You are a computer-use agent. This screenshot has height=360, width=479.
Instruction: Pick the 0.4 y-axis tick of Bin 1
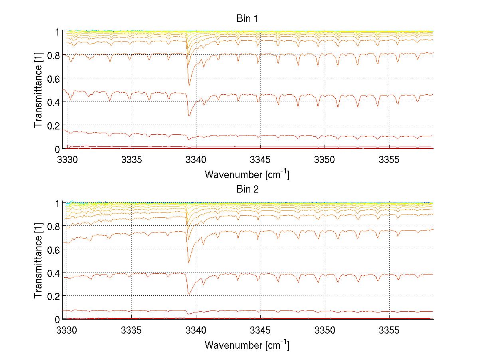coord(55,102)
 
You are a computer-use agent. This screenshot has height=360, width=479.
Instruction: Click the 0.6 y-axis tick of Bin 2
coord(55,249)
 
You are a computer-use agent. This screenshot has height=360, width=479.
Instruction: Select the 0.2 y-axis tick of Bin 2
coord(55,296)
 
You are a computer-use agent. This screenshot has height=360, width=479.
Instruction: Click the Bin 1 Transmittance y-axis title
coord(38,90)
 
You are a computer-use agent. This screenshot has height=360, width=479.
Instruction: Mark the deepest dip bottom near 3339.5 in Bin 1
coord(189,115)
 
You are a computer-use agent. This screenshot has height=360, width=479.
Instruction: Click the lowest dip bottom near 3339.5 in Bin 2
coord(189,294)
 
